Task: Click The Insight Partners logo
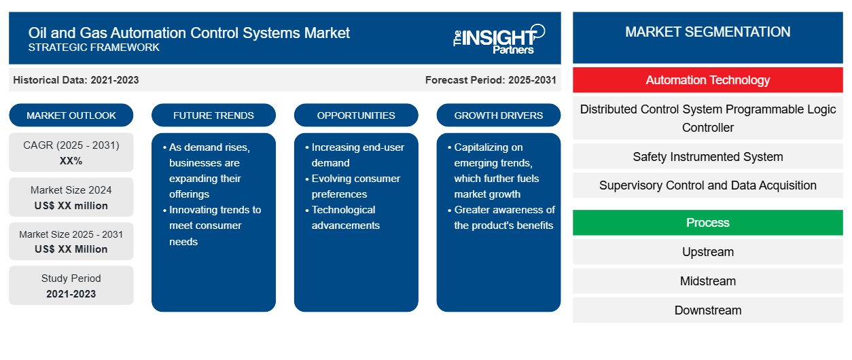point(499,39)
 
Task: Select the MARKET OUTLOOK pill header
point(71,115)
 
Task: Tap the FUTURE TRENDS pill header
point(213,115)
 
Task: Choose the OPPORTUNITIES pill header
point(356,115)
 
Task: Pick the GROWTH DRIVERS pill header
point(499,115)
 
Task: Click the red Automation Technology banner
point(708,80)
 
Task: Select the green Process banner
point(708,222)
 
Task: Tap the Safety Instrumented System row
point(708,157)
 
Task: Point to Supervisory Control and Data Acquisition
point(708,185)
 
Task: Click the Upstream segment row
point(708,251)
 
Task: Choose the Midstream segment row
point(708,281)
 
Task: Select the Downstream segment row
point(708,310)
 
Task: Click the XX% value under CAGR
point(71,161)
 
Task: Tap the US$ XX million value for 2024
point(71,206)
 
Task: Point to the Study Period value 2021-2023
point(71,294)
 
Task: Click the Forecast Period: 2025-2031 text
point(491,80)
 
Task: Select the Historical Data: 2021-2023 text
point(76,80)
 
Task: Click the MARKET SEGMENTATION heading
point(708,32)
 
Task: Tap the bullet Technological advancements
point(345,217)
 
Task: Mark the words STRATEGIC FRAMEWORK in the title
point(94,48)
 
